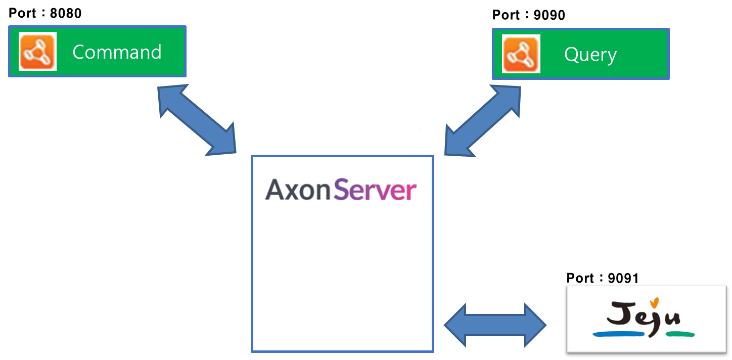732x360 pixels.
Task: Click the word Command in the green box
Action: (117, 52)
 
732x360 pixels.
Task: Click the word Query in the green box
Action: (590, 55)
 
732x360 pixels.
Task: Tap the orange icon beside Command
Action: (38, 51)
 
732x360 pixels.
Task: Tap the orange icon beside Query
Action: (521, 54)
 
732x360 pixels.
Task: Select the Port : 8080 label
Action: (45, 13)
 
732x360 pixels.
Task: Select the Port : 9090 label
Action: (529, 15)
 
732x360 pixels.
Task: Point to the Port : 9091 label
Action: (603, 278)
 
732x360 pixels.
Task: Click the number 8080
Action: (66, 13)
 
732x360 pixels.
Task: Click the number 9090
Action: (550, 15)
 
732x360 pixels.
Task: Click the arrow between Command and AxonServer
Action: (198, 120)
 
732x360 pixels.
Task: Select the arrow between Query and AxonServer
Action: (482, 120)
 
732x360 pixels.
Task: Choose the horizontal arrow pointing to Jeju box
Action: (495, 325)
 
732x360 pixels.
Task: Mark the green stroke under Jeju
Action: (680, 334)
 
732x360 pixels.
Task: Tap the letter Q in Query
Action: (571, 55)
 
